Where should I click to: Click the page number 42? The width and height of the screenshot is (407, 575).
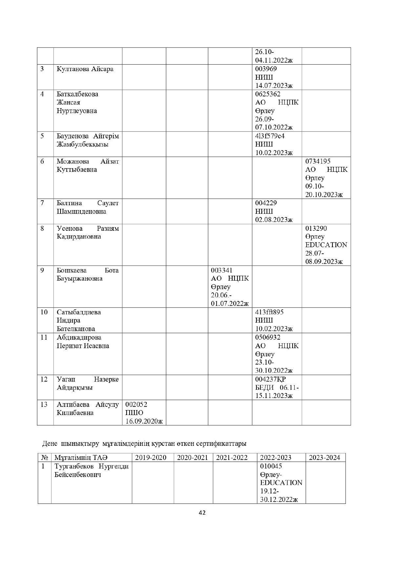click(202, 513)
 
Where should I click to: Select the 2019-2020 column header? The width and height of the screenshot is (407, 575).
click(151, 458)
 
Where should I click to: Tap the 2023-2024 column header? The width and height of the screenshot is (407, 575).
click(324, 458)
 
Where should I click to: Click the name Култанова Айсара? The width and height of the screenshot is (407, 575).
click(85, 69)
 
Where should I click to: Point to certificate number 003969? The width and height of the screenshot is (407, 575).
click(266, 69)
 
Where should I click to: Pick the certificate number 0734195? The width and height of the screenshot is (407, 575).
click(318, 161)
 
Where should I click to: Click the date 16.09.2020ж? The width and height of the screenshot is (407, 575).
click(144, 421)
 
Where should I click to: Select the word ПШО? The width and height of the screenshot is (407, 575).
click(134, 413)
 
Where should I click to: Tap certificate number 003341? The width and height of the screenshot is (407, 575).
click(222, 270)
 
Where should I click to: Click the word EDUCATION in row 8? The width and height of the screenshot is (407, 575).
click(326, 245)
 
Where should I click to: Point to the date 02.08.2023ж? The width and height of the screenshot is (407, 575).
click(274, 220)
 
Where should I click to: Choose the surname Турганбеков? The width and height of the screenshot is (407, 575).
click(74, 466)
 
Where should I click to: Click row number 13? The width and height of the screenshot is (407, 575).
click(44, 405)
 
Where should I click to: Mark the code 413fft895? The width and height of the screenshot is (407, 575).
click(269, 312)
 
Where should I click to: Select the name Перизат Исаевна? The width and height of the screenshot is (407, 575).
click(83, 346)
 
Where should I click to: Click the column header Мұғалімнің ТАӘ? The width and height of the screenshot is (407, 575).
click(81, 458)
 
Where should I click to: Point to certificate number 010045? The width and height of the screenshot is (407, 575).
click(271, 466)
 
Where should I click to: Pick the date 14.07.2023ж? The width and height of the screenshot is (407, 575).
click(274, 86)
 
